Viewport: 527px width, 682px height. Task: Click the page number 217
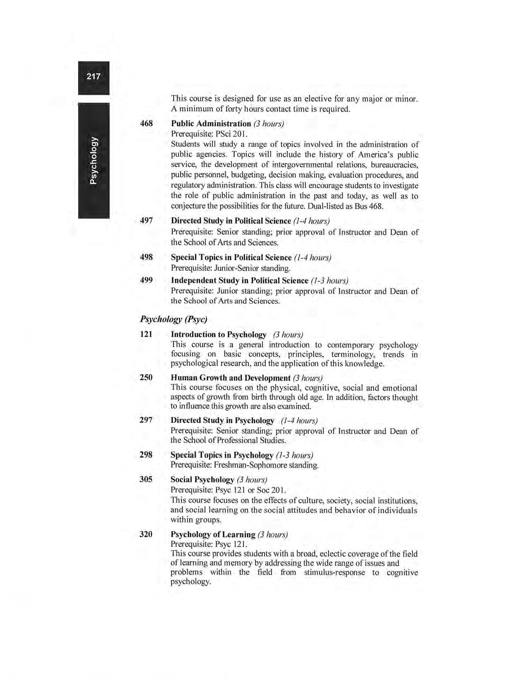[x=93, y=76]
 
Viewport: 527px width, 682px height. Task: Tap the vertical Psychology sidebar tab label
[x=94, y=160]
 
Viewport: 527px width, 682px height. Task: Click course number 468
[x=146, y=123]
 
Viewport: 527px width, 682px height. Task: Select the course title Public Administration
[x=211, y=124]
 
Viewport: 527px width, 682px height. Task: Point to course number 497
[x=146, y=221]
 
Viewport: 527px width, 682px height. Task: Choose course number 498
[x=146, y=257]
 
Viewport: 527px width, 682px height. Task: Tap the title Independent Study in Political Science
[x=239, y=281]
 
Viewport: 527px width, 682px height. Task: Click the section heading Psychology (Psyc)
[x=173, y=319]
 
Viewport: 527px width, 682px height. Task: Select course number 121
[x=146, y=334]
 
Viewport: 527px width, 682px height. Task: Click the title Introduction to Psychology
[x=218, y=334]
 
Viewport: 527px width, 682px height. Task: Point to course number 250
[x=146, y=377]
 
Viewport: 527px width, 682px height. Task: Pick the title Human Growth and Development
[x=230, y=378]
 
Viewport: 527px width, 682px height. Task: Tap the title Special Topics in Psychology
[x=222, y=455]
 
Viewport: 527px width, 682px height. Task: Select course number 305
[x=146, y=479]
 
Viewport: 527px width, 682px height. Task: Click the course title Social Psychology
[x=202, y=479]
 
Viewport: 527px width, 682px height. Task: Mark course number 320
[x=146, y=534]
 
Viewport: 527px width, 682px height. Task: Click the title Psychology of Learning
[x=212, y=534]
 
